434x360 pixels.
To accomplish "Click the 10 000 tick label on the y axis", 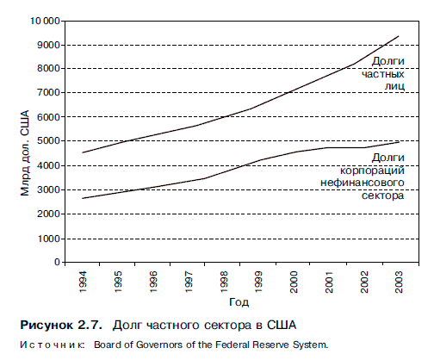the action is pos(45,21).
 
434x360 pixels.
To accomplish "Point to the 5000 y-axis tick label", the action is pos(49,141).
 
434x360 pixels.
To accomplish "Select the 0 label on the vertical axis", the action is pos(58,262).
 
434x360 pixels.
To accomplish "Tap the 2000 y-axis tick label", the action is pos(49,214).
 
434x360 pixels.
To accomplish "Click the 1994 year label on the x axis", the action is pos(83,282).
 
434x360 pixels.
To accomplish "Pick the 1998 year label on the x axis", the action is pos(224,282).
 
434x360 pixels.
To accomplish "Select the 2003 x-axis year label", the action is pos(399,282).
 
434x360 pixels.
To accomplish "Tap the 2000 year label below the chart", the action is pos(294,282).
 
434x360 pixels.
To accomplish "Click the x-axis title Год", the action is pos(239,302).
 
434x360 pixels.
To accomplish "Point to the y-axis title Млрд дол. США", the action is pos(25,153).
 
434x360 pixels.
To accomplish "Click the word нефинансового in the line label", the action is pos(363,183).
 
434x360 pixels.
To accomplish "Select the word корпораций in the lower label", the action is pos(372,171).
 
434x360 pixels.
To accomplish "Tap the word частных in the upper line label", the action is pos(382,74).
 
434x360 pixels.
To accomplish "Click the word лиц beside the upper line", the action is pos(394,86).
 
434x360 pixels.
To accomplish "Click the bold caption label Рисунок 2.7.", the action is pos(61,326).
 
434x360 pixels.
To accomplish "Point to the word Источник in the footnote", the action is pos(53,344).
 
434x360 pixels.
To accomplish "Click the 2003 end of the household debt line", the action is pos(399,36).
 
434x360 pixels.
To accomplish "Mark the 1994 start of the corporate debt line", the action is pos(83,198).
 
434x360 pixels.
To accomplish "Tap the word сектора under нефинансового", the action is pos(382,196).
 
